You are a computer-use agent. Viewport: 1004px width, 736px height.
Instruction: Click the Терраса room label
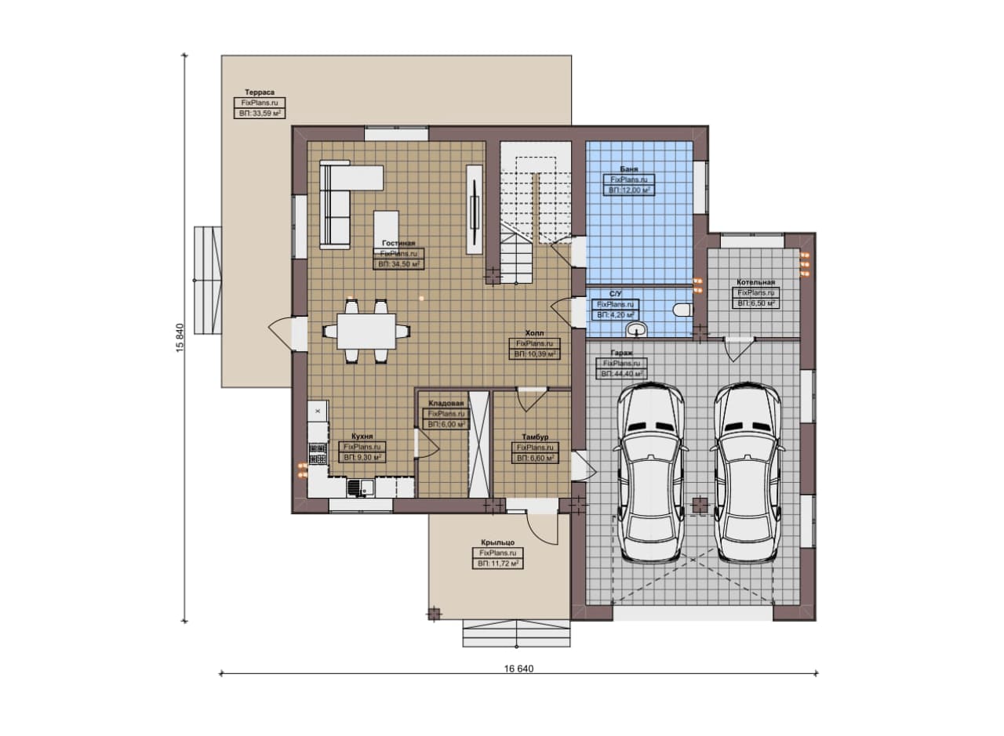(260, 92)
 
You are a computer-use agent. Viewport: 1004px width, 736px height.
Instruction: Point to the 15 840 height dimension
(180, 337)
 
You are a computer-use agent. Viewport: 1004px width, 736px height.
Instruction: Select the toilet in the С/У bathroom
(683, 310)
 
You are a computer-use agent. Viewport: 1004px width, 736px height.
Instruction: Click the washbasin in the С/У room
(636, 329)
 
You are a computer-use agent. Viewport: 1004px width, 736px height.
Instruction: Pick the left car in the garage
(651, 472)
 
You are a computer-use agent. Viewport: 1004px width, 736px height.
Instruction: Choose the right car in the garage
(748, 472)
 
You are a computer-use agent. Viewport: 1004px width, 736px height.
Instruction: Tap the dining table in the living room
(366, 331)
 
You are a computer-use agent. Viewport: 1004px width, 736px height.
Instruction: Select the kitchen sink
(360, 488)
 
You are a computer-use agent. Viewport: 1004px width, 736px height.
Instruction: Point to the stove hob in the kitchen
(318, 453)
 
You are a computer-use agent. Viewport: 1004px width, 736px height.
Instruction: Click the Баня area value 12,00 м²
(629, 190)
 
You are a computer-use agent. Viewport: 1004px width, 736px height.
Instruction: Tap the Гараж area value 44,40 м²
(621, 374)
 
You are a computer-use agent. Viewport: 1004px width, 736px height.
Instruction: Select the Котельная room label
(755, 282)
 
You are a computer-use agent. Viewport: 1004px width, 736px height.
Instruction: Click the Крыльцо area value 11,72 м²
(497, 564)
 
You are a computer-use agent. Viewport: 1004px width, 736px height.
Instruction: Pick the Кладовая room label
(446, 403)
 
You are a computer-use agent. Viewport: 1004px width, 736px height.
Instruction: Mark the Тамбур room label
(535, 437)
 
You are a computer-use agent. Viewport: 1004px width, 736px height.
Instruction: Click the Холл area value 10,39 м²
(534, 354)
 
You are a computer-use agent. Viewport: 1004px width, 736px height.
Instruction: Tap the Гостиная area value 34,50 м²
(398, 264)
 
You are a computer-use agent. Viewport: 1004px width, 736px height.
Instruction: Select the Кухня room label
(362, 436)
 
